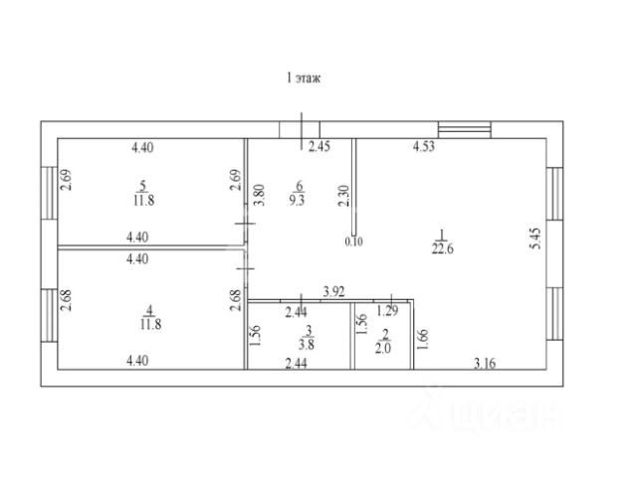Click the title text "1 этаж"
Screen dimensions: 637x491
point(304,78)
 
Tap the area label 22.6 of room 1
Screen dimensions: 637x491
point(442,248)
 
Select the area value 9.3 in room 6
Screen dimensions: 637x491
point(297,200)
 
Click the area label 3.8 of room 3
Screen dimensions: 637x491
point(307,345)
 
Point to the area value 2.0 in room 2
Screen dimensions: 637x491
point(383,348)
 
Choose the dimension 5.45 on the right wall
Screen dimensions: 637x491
point(536,239)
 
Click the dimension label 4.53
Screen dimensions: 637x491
point(424,146)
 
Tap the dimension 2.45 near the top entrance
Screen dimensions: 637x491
point(319,146)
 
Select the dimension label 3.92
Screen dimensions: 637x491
point(334,292)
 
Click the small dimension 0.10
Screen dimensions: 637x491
point(353,242)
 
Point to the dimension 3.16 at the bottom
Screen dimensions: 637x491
point(485,363)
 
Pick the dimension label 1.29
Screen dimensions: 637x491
point(387,311)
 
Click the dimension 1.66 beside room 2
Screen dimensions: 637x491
point(422,340)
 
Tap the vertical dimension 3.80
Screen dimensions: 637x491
point(260,195)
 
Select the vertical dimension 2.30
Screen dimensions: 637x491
point(344,196)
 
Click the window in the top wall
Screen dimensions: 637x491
point(465,130)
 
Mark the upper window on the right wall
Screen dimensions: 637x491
point(554,194)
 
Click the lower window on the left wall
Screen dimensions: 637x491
point(49,315)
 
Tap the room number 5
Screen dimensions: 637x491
point(142,187)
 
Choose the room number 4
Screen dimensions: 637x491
point(149,310)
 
